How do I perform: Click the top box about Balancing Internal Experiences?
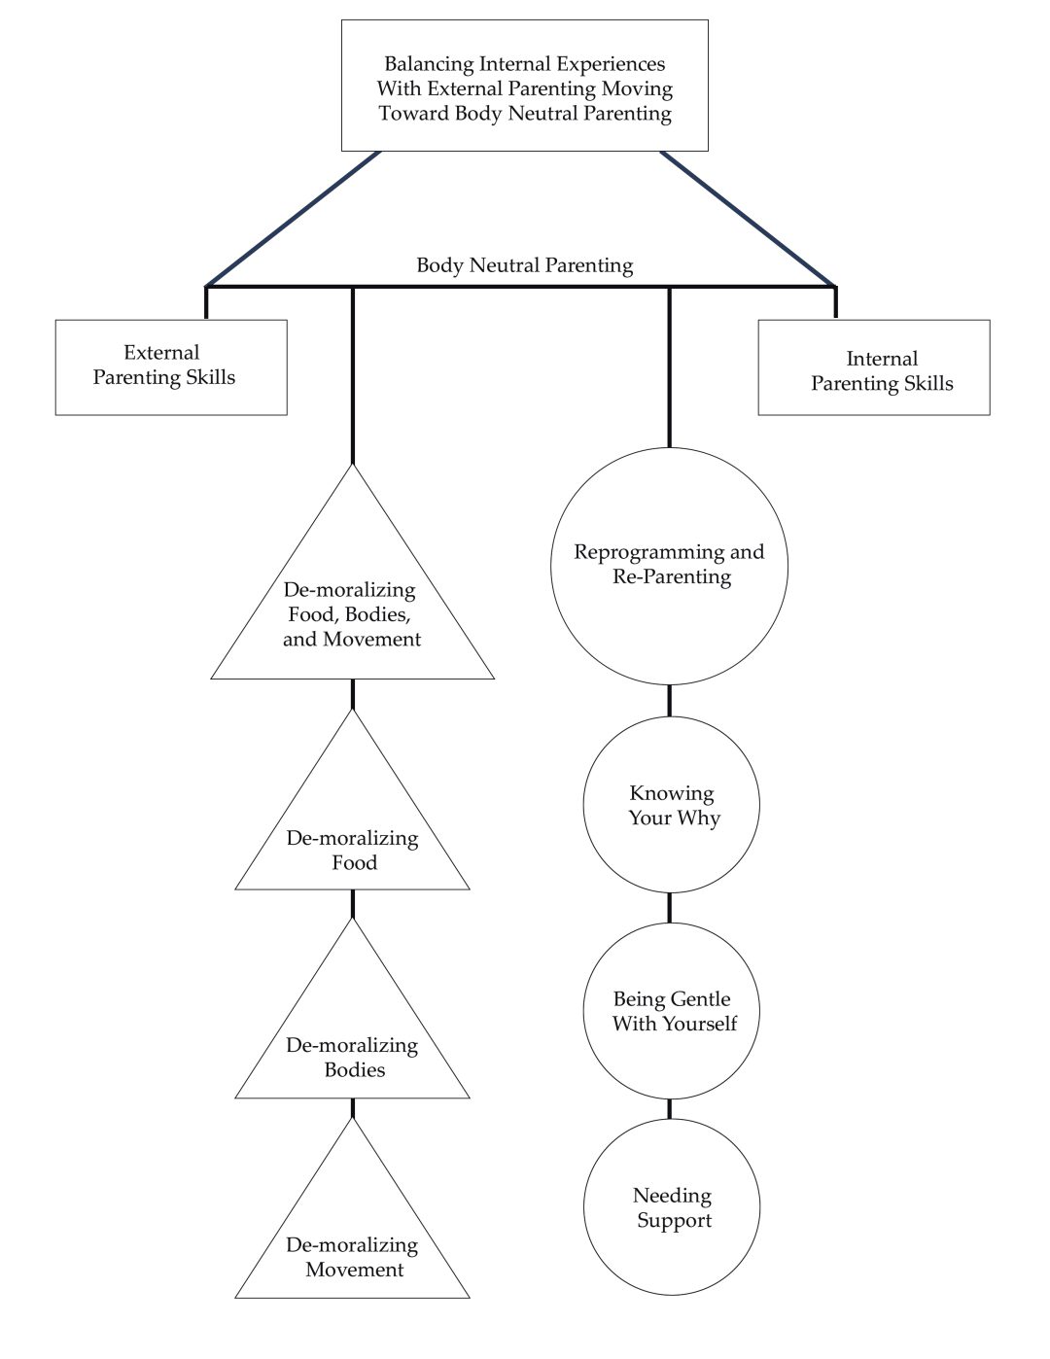click(524, 86)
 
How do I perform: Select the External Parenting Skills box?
click(170, 366)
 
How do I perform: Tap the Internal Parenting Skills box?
click(873, 367)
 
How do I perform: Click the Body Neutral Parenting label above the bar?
click(524, 264)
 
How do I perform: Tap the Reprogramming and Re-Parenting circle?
click(669, 566)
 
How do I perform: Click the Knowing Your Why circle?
click(671, 805)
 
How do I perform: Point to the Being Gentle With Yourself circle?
click(671, 1011)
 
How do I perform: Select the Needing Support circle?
click(671, 1207)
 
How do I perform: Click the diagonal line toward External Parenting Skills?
click(292, 219)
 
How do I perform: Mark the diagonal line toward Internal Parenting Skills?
click(749, 219)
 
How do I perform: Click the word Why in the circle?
click(699, 818)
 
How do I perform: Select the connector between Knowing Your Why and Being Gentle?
click(669, 907)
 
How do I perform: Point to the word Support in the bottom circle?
click(674, 1220)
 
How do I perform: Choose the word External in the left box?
click(161, 353)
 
